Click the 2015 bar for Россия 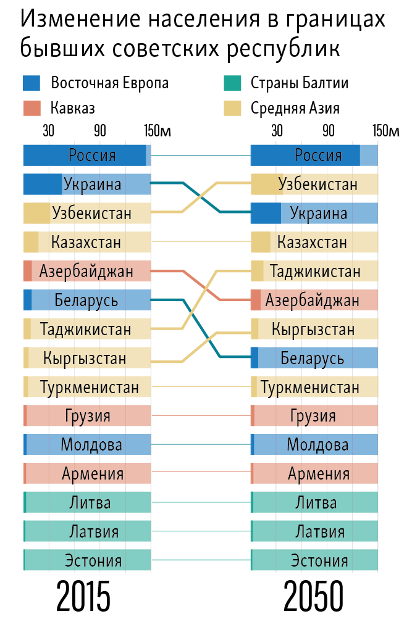[x=86, y=155]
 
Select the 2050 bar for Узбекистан [x=314, y=184]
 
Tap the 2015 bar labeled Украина [x=86, y=184]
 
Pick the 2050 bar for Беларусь [x=314, y=357]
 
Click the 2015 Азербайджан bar [x=86, y=271]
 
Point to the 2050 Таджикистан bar [x=314, y=271]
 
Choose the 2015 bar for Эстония [x=86, y=560]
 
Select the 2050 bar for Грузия [x=314, y=415]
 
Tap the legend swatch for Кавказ [x=32, y=108]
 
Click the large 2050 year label [x=313, y=597]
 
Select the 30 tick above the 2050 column [x=277, y=131]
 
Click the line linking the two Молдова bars [x=200, y=444]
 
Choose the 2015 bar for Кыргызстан [x=86, y=357]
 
